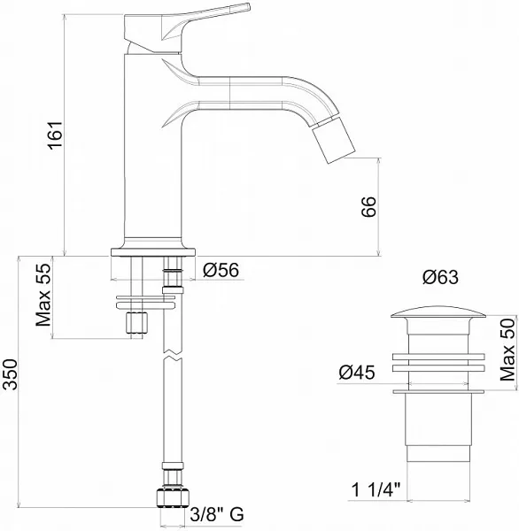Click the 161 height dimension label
click(x=55, y=134)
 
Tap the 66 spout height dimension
click(x=368, y=206)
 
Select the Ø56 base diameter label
click(x=221, y=270)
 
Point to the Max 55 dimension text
click(x=43, y=295)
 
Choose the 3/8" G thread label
click(x=217, y=514)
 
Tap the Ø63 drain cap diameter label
click(x=440, y=277)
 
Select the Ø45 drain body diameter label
click(x=357, y=373)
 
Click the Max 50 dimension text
click(x=507, y=350)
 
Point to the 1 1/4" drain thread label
click(x=376, y=489)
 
